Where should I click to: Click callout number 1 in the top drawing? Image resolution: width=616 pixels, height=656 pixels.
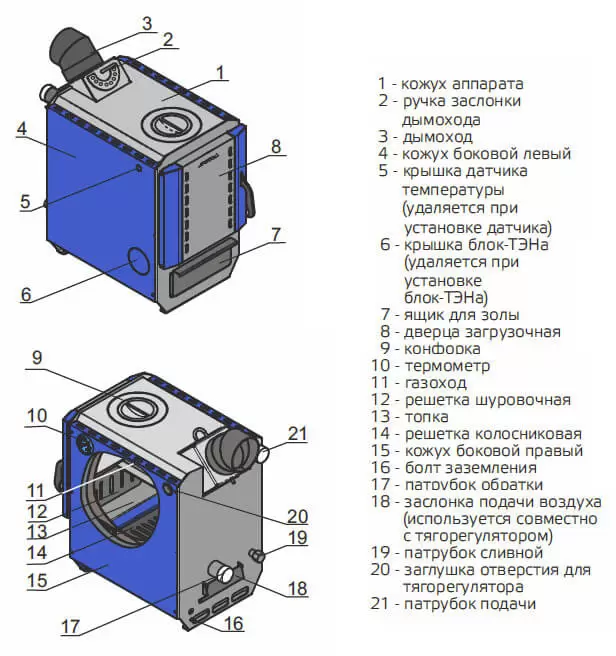click(x=222, y=71)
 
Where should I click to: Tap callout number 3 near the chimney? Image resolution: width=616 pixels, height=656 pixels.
click(x=147, y=22)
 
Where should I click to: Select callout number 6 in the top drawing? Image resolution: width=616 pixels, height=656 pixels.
click(x=26, y=295)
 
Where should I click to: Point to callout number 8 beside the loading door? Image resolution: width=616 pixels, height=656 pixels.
click(x=278, y=146)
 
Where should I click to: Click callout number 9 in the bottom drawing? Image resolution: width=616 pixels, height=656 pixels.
click(x=37, y=357)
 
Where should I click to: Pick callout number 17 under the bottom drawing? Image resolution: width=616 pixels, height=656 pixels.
click(x=70, y=627)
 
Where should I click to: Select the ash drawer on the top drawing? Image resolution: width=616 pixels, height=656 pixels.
click(x=204, y=269)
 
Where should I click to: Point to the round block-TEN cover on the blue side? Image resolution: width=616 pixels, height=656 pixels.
click(x=136, y=262)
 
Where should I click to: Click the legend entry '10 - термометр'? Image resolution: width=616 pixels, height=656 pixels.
click(x=434, y=366)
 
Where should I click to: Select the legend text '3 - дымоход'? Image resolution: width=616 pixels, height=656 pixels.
click(x=425, y=136)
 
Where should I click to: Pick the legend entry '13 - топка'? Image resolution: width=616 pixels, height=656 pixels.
click(x=423, y=417)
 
